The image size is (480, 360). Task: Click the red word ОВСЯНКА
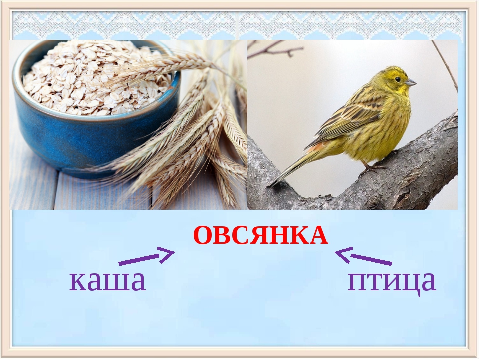(x=260, y=235)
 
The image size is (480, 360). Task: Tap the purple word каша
(x=107, y=281)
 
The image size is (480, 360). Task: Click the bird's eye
(x=397, y=79)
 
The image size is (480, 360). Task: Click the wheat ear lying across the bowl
(x=165, y=65)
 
